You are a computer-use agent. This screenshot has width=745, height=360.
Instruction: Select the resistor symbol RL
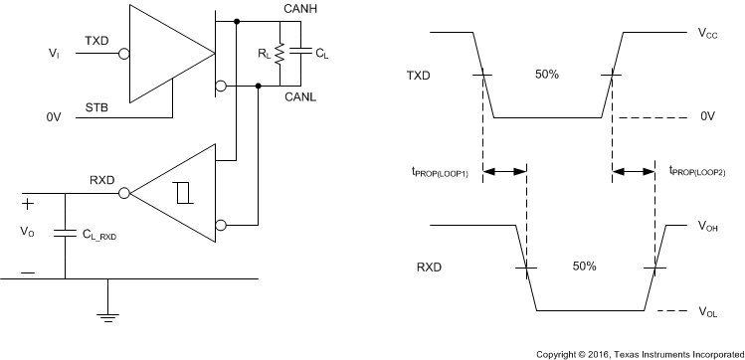coord(281,53)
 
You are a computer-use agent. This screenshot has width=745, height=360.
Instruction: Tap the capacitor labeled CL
coord(296,53)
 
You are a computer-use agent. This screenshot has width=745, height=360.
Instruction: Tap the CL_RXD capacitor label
coord(103,235)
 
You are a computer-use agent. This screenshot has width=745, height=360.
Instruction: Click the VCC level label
coord(708,33)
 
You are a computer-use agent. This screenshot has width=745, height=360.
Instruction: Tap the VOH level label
coord(708,228)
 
